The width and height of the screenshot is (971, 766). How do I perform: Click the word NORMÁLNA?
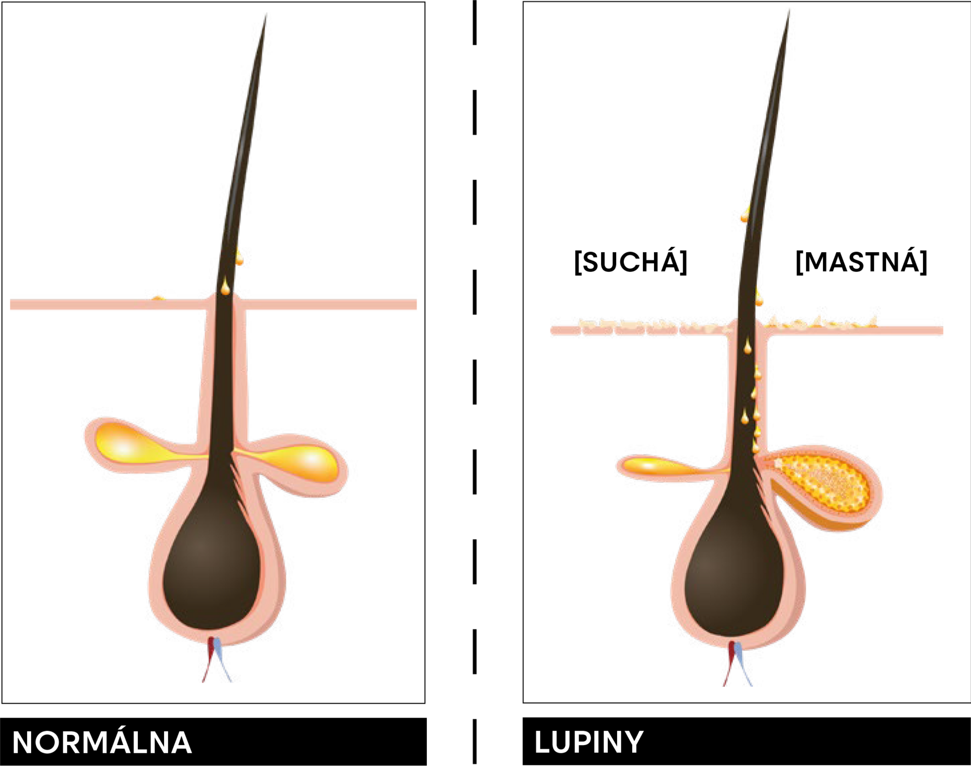pos(102,742)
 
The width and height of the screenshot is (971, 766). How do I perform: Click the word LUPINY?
pos(589,742)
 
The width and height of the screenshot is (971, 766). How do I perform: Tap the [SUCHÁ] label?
pos(630,262)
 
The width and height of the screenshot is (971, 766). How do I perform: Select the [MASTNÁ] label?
pos(861,262)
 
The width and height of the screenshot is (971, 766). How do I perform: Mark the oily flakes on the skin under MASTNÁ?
pos(820,323)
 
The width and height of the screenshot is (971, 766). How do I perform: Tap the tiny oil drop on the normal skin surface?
pos(158,298)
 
